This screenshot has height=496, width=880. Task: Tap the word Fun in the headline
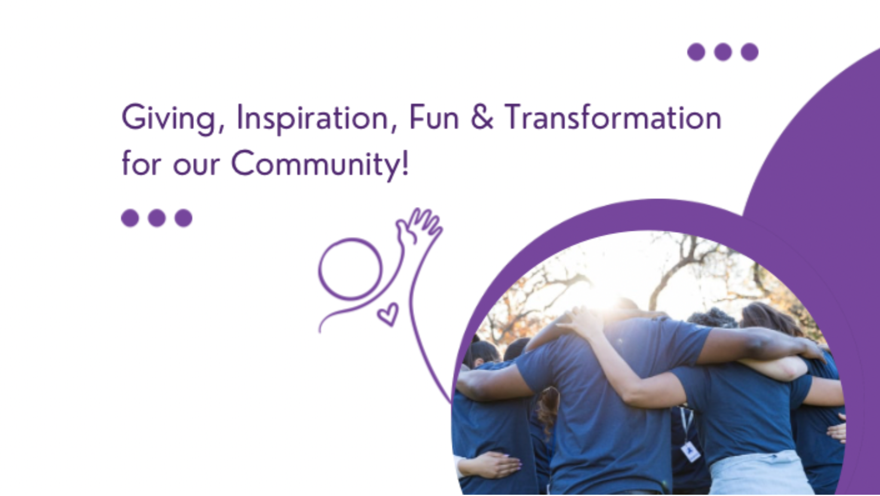pos(434,117)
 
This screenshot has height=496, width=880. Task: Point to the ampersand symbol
pos(482,117)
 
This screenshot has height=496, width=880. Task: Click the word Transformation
pos(613,117)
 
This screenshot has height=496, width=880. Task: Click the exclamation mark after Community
pos(405,162)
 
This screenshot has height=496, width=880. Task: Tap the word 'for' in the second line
pos(141,163)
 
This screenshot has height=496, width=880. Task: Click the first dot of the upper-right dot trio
pos(696,52)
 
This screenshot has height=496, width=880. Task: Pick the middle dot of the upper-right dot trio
pos(723,52)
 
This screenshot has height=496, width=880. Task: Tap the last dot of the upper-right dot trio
pos(749,52)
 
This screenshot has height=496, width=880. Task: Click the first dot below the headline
pos(130,218)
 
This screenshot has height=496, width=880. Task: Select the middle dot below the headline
pos(156,218)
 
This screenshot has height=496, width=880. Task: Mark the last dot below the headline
pos(183,218)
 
